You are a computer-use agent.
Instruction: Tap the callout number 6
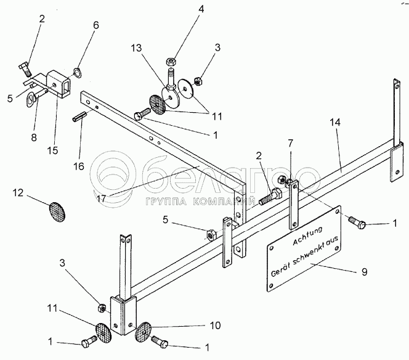[x=95, y=25]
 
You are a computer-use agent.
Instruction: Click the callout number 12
[x=18, y=194]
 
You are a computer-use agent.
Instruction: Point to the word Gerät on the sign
[x=281, y=270]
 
